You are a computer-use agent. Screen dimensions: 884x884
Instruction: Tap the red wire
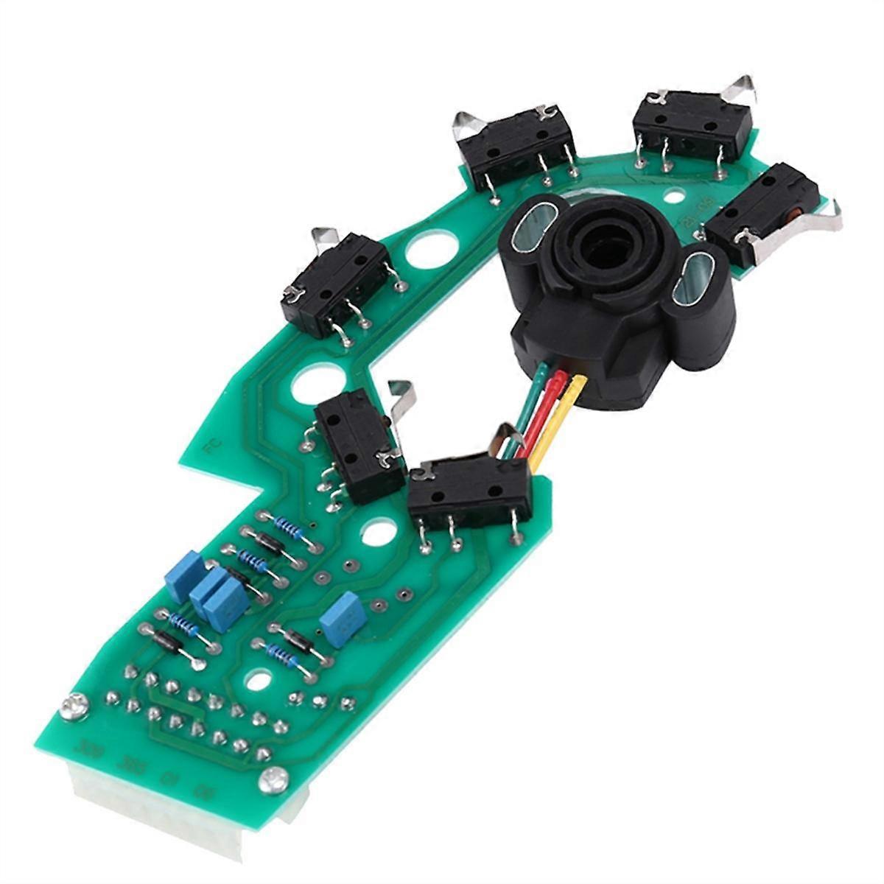pyautogui.click(x=553, y=413)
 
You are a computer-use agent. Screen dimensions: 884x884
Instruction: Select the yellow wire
pyautogui.click(x=563, y=424)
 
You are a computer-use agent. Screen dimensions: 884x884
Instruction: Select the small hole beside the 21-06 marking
pyautogui.click(x=669, y=197)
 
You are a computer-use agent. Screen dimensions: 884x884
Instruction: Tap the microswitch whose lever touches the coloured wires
pyautogui.click(x=470, y=490)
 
